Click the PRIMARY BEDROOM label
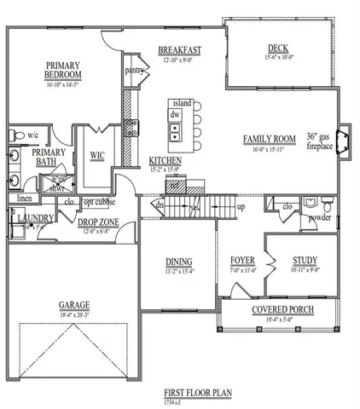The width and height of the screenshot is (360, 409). (x=62, y=70)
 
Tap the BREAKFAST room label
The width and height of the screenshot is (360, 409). (x=179, y=49)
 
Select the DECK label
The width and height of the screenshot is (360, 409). (x=278, y=48)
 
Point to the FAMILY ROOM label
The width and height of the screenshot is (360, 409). (x=269, y=138)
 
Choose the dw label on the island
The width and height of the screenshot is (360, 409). (x=175, y=113)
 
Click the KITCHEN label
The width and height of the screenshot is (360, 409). (x=165, y=160)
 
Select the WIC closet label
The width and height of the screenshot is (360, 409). (x=97, y=156)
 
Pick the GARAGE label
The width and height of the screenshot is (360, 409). (x=75, y=303)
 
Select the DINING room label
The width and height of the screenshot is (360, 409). (x=179, y=262)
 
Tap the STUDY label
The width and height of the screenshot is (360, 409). (x=305, y=262)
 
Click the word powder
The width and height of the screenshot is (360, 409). (x=320, y=216)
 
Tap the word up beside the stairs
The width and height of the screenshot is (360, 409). (x=241, y=207)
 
